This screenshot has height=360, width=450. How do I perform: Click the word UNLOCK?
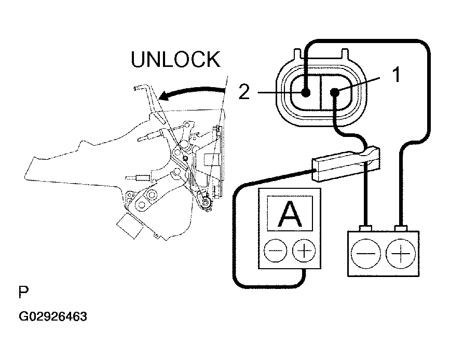[175, 60]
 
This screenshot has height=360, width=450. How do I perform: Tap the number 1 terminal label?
[395, 76]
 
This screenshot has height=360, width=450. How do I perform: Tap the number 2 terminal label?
[244, 93]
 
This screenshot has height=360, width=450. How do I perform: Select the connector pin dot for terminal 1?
[335, 93]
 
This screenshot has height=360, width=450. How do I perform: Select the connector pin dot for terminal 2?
[306, 93]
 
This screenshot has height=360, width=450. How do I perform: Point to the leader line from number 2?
[275, 93]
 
